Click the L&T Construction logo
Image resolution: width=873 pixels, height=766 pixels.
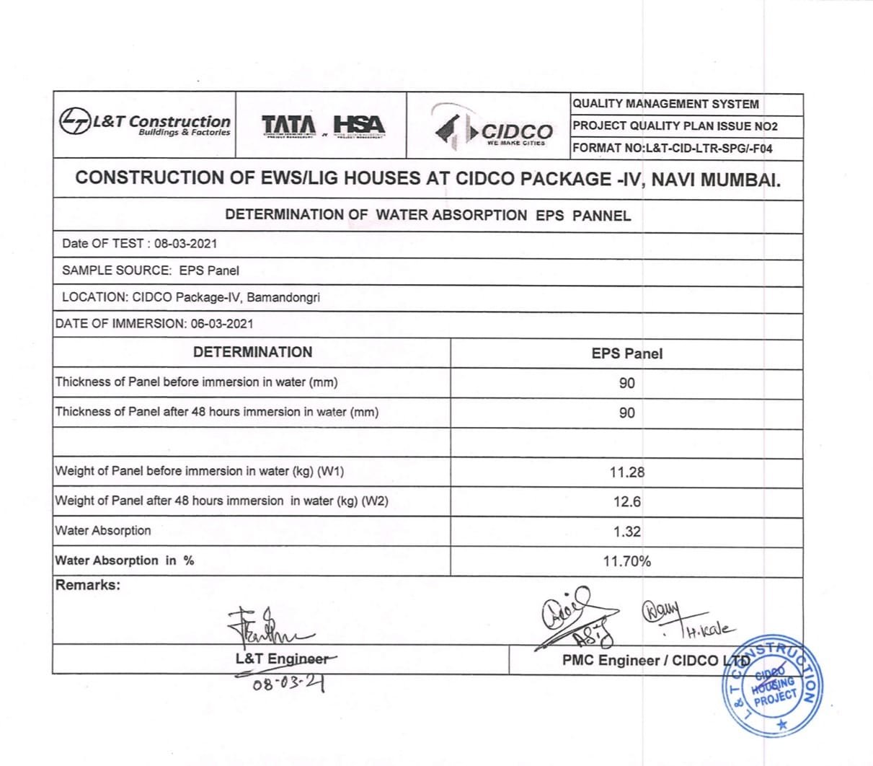click(x=145, y=124)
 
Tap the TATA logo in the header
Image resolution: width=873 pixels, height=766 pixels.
click(x=288, y=126)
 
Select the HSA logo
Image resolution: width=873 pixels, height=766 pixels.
click(x=359, y=126)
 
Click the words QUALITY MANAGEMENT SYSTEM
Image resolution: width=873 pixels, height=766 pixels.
click(x=665, y=104)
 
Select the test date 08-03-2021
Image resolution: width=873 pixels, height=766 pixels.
click(x=185, y=244)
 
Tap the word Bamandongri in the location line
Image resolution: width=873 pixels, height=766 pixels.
click(x=283, y=297)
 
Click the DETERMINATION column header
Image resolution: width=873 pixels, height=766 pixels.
click(x=252, y=353)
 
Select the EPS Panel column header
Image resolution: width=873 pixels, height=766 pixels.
click(x=626, y=354)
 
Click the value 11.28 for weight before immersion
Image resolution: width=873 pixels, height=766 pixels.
click(x=626, y=472)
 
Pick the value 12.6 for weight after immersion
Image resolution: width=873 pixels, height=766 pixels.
click(x=626, y=502)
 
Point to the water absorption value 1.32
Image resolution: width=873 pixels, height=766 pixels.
click(x=626, y=532)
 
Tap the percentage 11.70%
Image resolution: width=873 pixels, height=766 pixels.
click(x=626, y=561)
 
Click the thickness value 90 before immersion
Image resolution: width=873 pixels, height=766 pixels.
click(x=626, y=383)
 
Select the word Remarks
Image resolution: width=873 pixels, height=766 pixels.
click(x=88, y=585)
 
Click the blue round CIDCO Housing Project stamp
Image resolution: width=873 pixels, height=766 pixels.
click(x=771, y=687)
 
